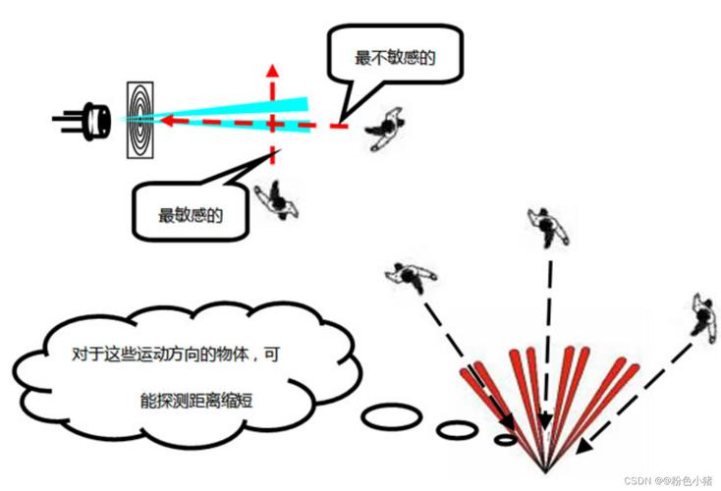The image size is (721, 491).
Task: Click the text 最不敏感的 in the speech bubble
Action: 394,59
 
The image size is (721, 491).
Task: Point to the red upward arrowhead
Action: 273,74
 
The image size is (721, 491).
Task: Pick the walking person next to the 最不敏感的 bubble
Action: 385,130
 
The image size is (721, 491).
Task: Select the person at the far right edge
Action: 703,315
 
